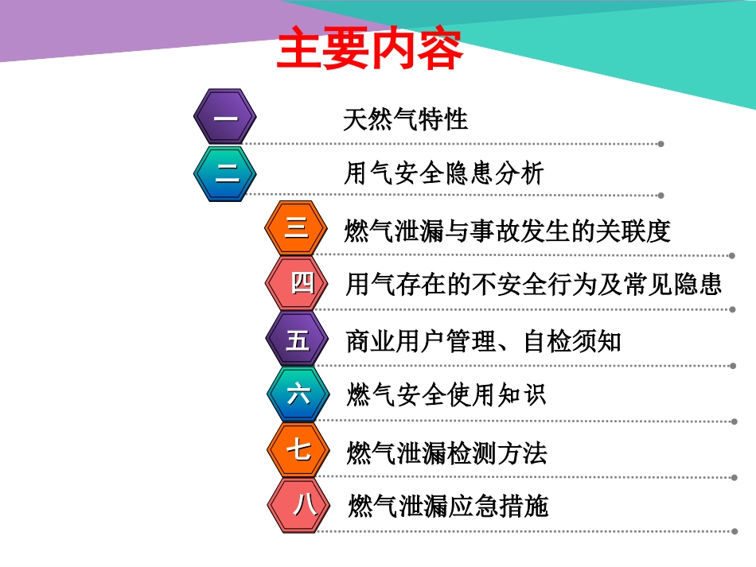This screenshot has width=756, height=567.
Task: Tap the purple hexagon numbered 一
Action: click(225, 118)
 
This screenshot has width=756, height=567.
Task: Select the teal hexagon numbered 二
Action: click(225, 173)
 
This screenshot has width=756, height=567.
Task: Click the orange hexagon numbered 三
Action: click(296, 228)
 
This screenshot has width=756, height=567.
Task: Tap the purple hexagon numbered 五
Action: click(298, 340)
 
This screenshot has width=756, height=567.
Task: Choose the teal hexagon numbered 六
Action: click(298, 394)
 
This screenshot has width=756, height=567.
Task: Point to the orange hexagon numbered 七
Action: click(298, 450)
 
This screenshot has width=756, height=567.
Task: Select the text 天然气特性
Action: click(406, 120)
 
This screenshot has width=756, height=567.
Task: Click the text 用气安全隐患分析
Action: click(443, 173)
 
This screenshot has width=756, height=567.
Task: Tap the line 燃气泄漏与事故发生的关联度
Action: click(508, 231)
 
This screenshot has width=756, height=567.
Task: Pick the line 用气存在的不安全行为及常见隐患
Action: click(534, 284)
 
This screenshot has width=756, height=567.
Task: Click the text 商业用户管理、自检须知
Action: click(484, 341)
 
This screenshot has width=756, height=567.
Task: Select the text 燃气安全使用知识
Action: click(447, 394)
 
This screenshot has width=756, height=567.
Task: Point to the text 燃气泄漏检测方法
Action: click(447, 454)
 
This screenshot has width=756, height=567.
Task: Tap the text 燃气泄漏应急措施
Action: click(449, 506)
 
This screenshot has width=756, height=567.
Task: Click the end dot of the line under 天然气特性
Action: click(661, 144)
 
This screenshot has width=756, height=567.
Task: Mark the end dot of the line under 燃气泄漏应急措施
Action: click(732, 530)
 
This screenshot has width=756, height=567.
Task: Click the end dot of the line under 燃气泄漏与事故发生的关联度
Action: click(731, 256)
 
